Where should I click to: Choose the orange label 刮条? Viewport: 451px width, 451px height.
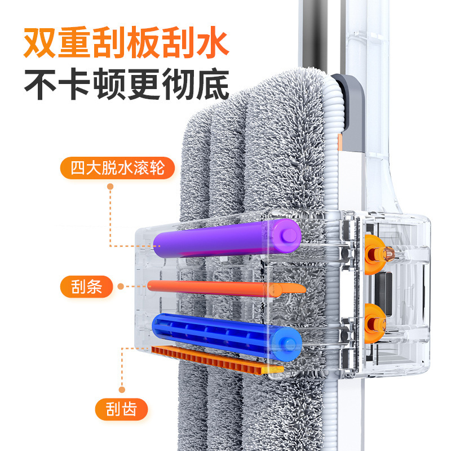click(x=87, y=287)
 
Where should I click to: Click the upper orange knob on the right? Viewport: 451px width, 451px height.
click(x=375, y=254)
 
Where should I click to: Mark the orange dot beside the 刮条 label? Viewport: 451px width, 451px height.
click(x=121, y=287)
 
